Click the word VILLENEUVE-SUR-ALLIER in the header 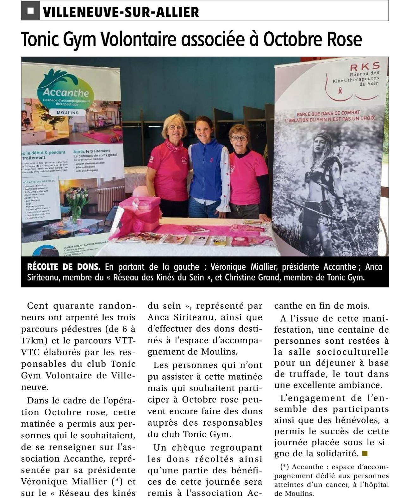coord(121,12)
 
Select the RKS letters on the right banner coord(365,66)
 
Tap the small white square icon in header coord(30,11)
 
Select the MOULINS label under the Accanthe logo coord(67,113)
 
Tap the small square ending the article coord(365,453)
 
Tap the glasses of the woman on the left coord(175,127)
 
